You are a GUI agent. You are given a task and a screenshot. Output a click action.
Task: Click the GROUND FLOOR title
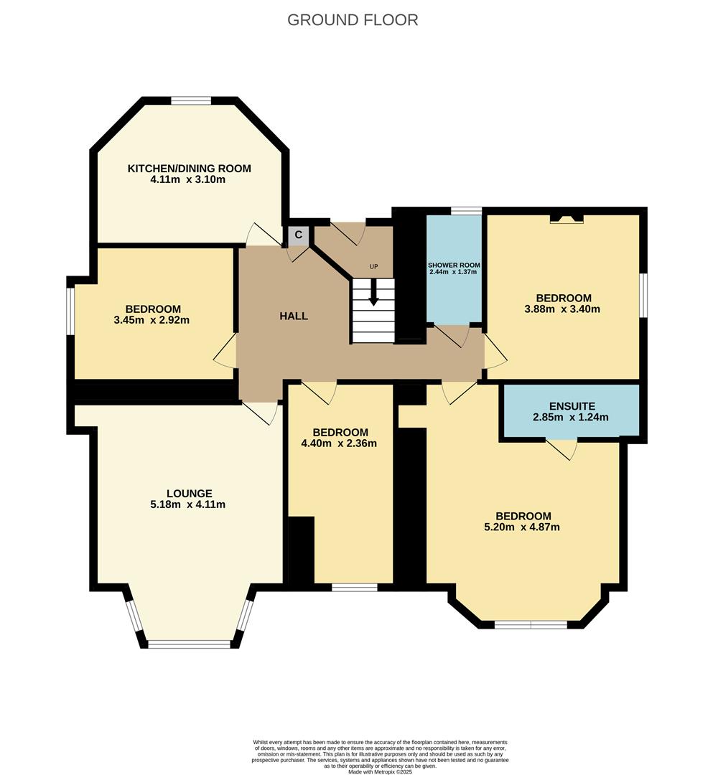353,20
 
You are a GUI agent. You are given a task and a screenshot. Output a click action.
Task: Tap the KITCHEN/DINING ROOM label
190,169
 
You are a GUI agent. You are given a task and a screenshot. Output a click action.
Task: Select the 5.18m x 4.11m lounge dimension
188,504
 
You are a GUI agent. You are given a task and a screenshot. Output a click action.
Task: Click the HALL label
294,316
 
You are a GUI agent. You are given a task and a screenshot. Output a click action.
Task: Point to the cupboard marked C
298,235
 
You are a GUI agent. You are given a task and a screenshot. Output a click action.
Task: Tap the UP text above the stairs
374,266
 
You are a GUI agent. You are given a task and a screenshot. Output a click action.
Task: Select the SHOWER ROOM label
454,266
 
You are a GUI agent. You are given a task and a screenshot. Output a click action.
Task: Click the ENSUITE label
572,406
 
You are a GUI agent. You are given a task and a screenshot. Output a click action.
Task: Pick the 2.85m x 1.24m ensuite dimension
571,417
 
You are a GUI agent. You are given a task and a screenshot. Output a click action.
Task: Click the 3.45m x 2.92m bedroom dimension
152,320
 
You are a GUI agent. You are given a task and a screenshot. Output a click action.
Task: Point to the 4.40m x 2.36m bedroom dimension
339,443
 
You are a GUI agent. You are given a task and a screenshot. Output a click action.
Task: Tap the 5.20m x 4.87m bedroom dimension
522,527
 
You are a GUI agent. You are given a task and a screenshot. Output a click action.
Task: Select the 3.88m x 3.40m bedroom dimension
562,309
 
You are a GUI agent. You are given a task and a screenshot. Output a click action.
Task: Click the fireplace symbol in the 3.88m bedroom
567,219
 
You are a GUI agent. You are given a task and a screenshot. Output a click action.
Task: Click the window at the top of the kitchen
191,101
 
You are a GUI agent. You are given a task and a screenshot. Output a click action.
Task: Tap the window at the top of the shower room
466,211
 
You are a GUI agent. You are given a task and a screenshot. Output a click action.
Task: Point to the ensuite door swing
562,448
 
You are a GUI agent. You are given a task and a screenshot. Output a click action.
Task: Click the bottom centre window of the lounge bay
190,644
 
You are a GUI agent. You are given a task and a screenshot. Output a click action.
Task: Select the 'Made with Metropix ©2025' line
381,771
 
